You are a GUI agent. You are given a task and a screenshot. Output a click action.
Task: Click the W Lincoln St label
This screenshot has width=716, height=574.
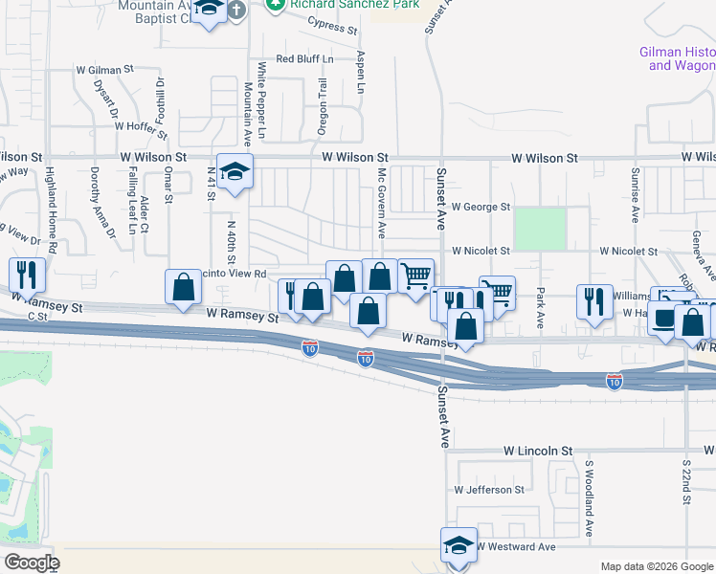(538, 450)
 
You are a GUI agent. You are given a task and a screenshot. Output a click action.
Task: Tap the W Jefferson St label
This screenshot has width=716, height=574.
(490, 490)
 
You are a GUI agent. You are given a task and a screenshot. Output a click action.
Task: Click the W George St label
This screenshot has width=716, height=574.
(481, 207)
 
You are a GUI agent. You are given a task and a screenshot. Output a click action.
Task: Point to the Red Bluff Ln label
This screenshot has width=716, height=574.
(304, 59)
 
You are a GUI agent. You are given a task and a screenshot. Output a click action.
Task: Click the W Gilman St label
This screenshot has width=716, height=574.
(104, 70)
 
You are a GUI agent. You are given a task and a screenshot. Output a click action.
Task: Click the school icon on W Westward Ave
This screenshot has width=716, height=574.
(459, 544)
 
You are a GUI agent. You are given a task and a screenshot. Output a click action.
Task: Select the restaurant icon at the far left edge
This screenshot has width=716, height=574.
(27, 275)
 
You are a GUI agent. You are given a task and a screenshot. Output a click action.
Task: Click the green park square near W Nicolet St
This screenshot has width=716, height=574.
(540, 228)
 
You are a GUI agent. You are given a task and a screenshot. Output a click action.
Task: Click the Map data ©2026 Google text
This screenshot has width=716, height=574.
(656, 566)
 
